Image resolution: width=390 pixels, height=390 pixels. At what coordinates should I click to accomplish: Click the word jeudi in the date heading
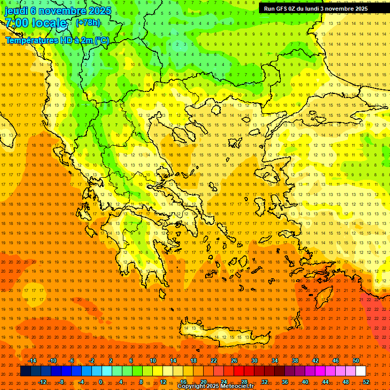[16, 11]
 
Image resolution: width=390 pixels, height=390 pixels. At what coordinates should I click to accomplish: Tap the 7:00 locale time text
[36, 23]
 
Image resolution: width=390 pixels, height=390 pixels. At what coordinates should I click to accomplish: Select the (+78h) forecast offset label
[88, 23]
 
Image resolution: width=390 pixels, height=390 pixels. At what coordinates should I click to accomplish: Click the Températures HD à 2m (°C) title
[57, 40]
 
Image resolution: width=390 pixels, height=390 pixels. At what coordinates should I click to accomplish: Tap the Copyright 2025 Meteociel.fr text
[215, 386]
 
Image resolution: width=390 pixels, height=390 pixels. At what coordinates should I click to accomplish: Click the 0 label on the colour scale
[101, 382]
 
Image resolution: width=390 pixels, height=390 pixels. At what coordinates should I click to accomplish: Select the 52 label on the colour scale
[366, 382]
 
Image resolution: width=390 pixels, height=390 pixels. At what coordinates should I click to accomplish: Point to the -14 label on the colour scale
[32, 361]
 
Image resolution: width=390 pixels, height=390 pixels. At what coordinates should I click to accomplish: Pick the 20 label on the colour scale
[203, 382]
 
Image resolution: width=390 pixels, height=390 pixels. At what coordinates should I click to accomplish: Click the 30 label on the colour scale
[254, 361]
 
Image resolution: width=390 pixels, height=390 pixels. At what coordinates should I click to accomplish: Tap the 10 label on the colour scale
[152, 361]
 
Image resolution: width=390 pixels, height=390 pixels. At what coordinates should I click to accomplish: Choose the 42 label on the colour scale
[315, 361]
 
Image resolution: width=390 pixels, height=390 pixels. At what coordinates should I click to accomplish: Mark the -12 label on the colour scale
[43, 382]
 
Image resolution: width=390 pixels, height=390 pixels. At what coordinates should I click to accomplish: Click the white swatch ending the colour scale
[361, 371]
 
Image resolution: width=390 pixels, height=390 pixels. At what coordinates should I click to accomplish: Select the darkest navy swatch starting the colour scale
[25, 371]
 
